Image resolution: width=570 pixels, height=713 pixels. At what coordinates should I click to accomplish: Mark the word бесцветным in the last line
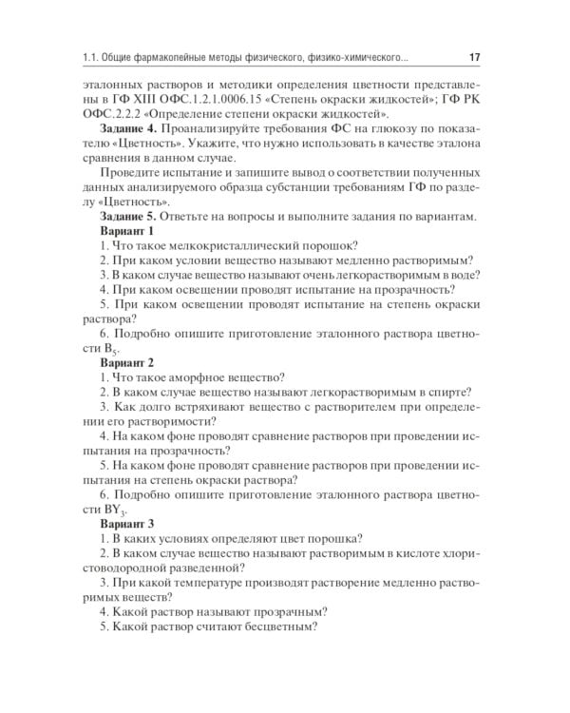[277, 630]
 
